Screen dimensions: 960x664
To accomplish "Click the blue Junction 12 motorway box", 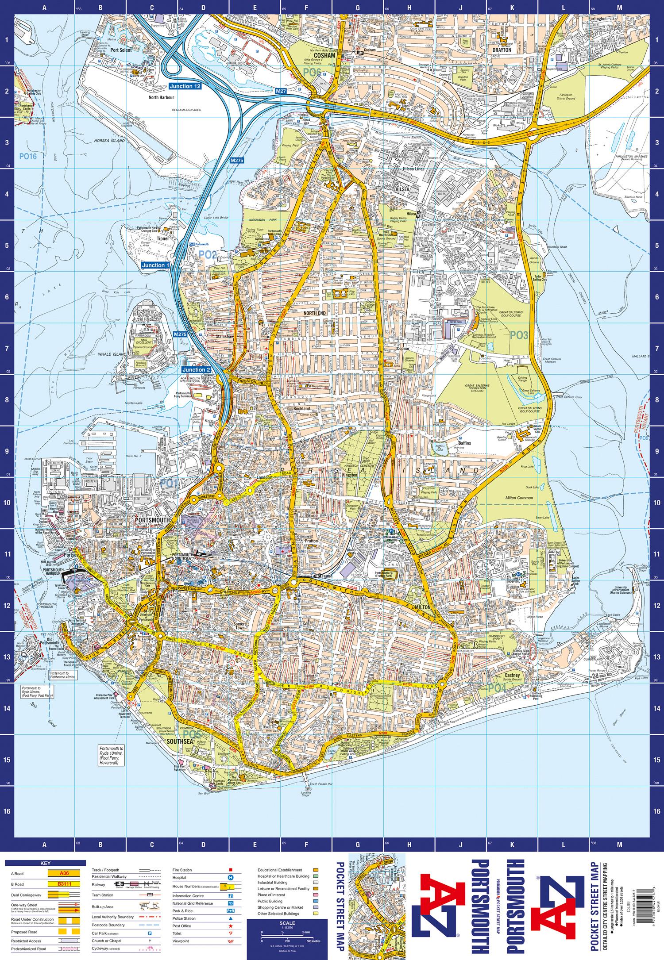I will pyautogui.click(x=185, y=86).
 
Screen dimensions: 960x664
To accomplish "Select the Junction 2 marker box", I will pyautogui.click(x=196, y=370).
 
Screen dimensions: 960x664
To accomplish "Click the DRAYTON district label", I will pyautogui.click(x=502, y=50).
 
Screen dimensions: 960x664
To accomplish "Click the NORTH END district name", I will pyautogui.click(x=315, y=313).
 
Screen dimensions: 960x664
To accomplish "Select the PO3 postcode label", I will pyautogui.click(x=519, y=336).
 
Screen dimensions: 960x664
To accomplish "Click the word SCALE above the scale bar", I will pyautogui.click(x=288, y=910).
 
